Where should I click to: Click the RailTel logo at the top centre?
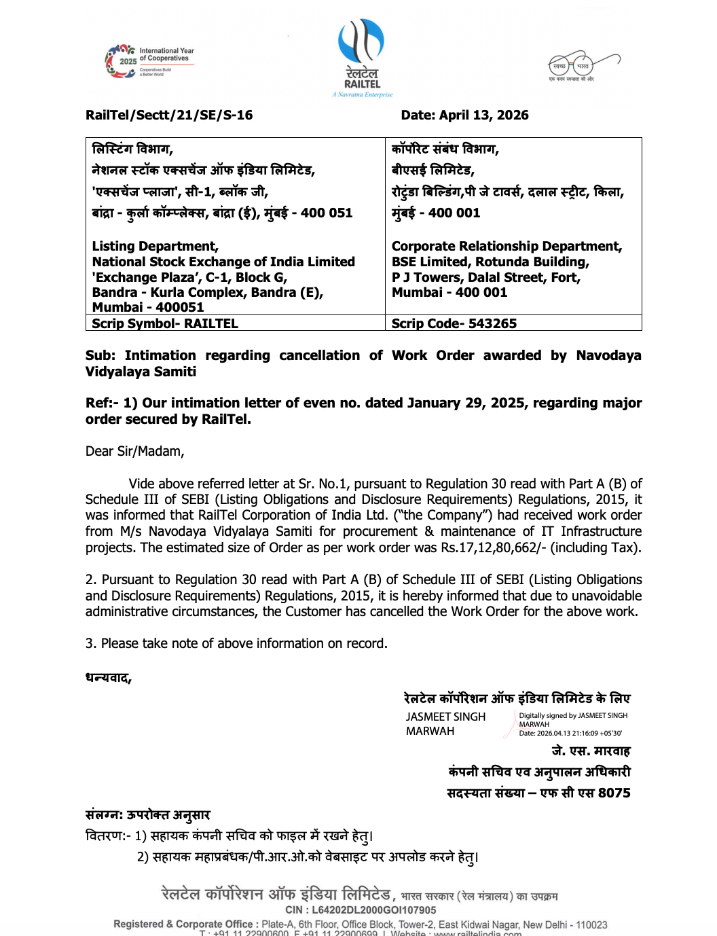pos(362,58)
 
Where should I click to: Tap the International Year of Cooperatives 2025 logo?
pos(150,62)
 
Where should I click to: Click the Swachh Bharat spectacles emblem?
pos(583,66)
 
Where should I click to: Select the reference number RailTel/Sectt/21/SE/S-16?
pos(169,115)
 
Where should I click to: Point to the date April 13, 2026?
pos(483,115)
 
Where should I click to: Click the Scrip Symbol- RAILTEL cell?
pos(165,323)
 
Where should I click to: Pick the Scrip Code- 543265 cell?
pos(454,323)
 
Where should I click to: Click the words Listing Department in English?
pos(155,246)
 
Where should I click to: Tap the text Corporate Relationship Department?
pos(507,246)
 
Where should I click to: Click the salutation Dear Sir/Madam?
pos(134,451)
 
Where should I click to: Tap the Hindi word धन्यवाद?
pos(108,678)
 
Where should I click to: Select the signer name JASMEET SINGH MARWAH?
pos(445,724)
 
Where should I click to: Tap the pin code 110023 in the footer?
pos(591,924)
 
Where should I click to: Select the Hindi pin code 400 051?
pos(327,213)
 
